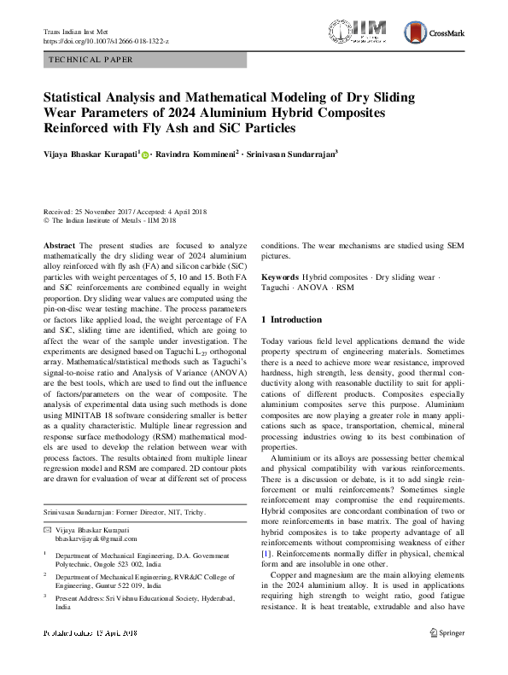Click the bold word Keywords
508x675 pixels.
279,278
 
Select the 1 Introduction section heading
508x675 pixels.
291,319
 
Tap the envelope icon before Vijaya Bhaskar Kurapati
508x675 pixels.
47,530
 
